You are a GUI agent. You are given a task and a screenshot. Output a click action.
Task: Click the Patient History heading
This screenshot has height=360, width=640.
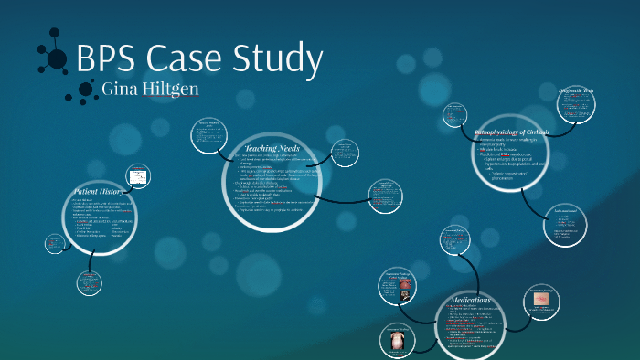point(99,192)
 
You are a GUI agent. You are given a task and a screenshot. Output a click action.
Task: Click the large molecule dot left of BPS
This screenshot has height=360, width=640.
point(58,59)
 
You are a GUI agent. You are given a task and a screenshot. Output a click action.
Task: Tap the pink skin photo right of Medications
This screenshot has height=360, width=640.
point(541,299)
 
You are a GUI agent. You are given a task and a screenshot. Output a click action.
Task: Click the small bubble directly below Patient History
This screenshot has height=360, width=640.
point(92,283)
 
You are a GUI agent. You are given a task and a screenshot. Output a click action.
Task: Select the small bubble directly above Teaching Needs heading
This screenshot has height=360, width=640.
point(210,134)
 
